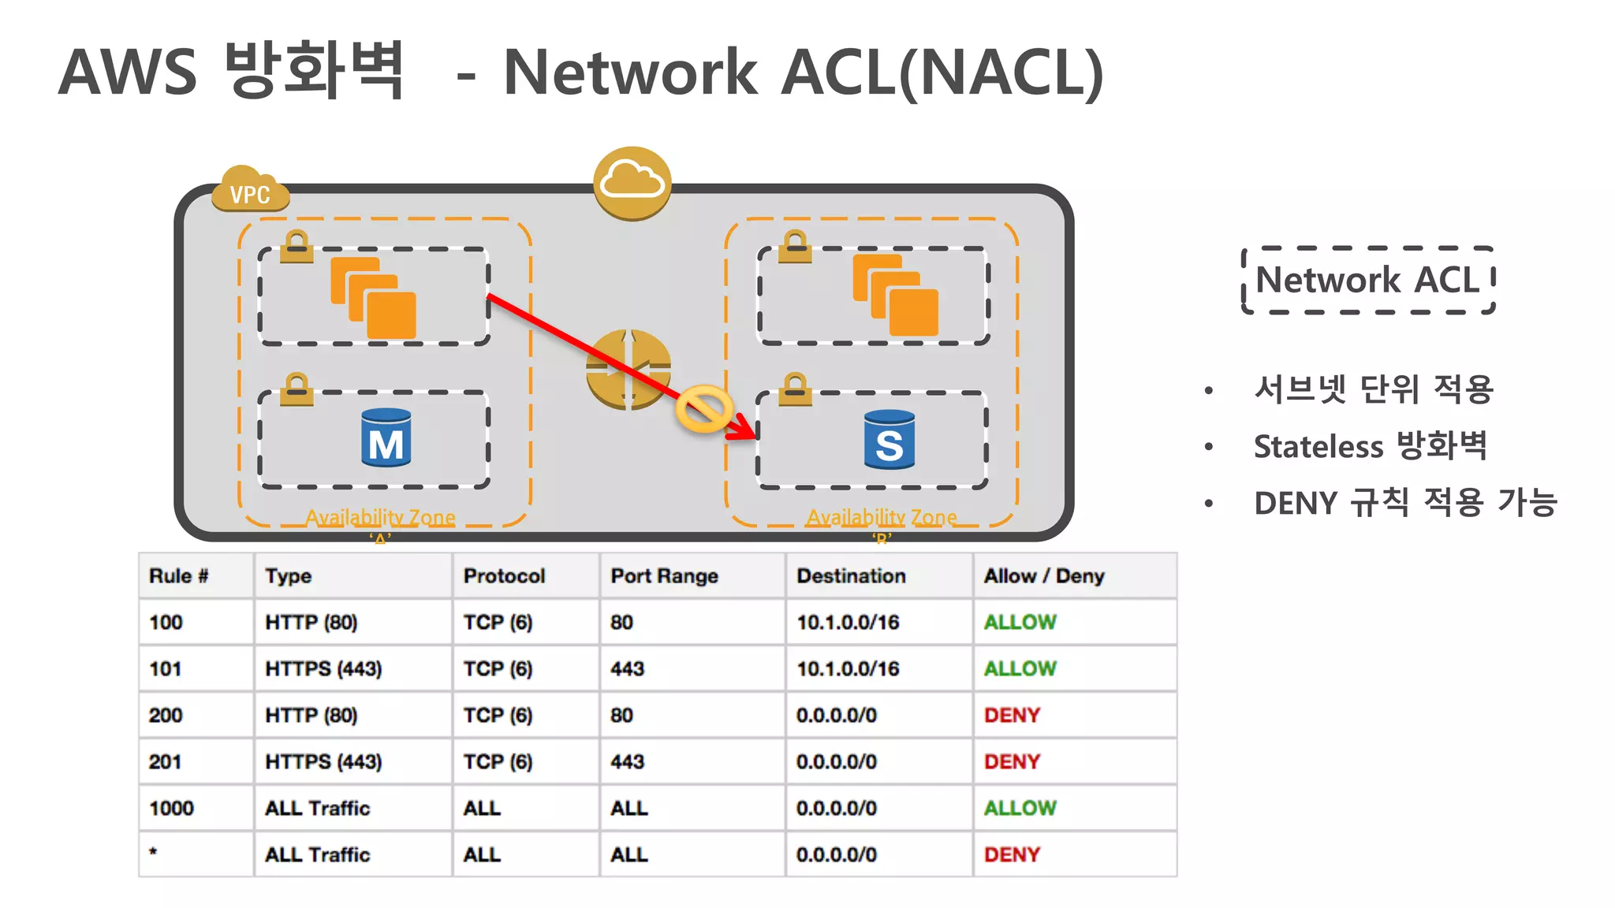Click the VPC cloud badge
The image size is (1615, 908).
[249, 192]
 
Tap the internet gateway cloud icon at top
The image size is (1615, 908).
[632, 182]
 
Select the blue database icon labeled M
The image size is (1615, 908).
[386, 438]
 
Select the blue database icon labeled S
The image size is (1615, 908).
[889, 440]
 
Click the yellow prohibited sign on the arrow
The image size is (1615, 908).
[703, 409]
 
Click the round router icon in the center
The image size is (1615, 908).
[628, 370]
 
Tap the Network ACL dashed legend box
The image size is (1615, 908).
[1367, 281]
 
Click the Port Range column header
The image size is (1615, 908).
[664, 576]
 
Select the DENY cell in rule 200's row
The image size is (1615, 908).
[1012, 716]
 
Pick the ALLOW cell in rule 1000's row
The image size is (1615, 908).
[1020, 809]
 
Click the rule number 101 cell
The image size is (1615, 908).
[166, 669]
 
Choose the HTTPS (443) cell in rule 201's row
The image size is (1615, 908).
[323, 762]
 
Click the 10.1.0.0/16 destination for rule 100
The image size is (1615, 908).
[848, 623]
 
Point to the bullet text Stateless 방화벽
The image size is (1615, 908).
[1370, 446]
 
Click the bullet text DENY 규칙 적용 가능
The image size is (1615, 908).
[1404, 503]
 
